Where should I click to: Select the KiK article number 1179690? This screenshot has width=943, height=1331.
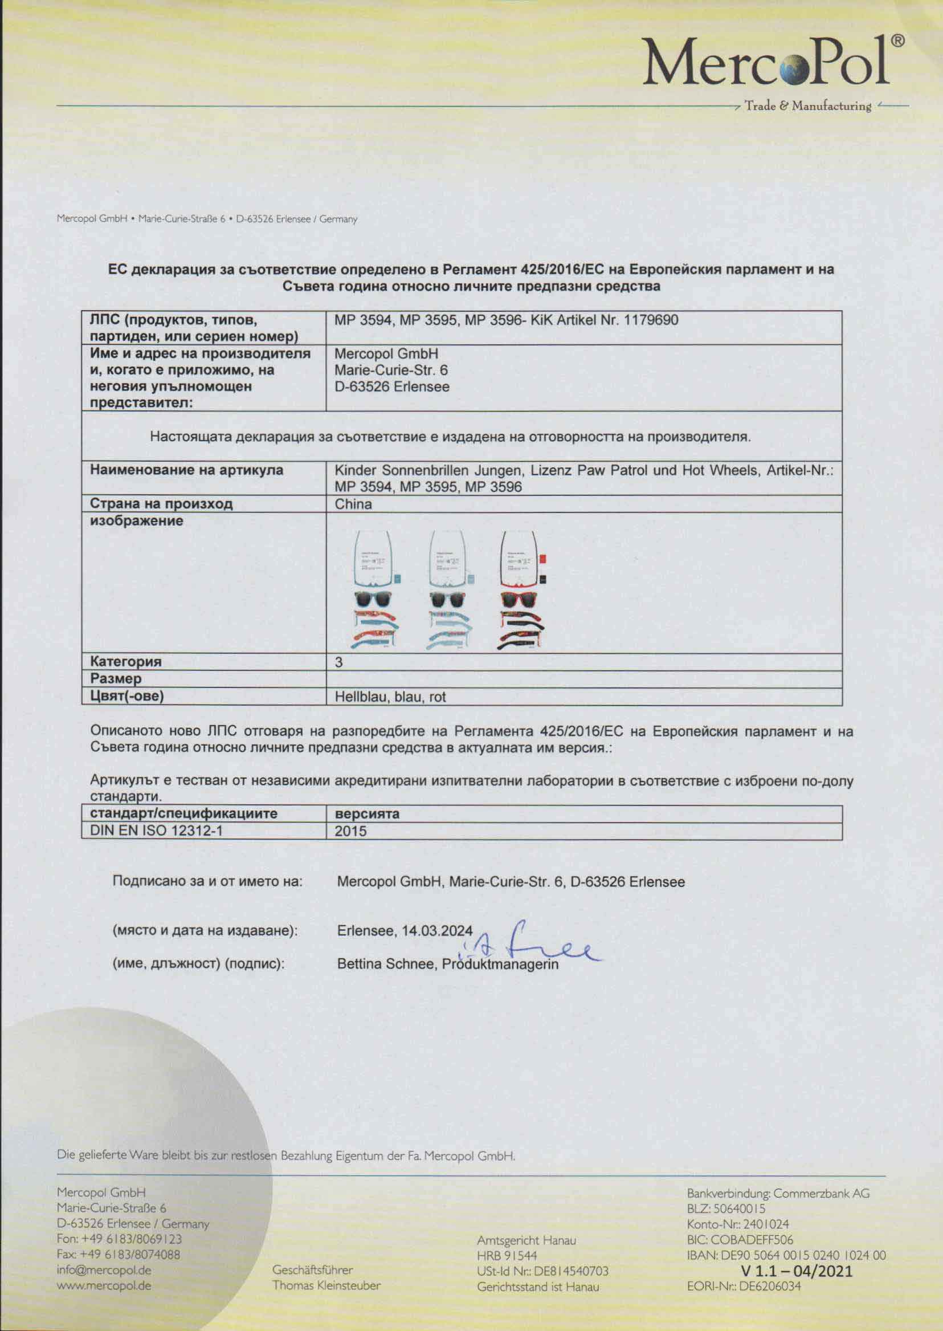coord(650,320)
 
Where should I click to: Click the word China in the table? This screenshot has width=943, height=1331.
coord(353,504)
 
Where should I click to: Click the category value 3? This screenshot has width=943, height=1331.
coord(339,662)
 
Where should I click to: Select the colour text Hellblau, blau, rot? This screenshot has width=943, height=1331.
coord(390,697)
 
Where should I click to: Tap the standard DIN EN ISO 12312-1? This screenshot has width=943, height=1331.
coord(156,831)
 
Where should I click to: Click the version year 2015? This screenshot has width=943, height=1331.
coord(351,831)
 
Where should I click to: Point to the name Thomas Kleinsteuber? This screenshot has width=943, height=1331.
coord(326,1285)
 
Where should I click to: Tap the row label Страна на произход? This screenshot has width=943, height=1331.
coord(161,504)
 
